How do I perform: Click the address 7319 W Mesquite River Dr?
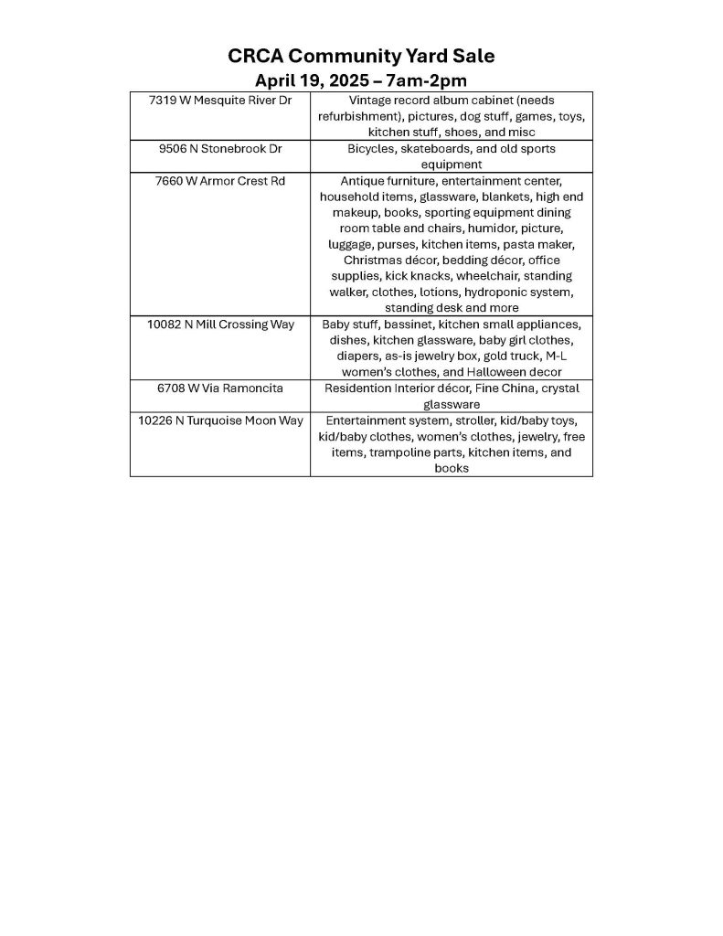click(219, 101)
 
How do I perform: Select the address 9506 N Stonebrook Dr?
click(219, 148)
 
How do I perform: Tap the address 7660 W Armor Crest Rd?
click(219, 181)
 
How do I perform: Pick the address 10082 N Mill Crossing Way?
click(220, 324)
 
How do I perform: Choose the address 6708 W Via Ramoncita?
click(219, 388)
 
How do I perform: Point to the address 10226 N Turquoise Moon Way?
click(220, 420)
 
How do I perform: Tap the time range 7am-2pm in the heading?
click(425, 80)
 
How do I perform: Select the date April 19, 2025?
click(307, 80)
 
